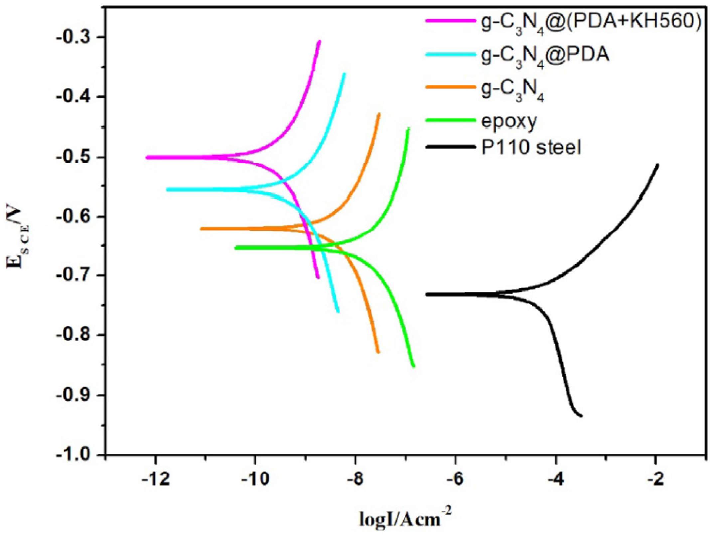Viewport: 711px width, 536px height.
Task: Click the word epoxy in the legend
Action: [509, 121]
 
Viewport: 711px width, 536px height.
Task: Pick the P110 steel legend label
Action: [531, 147]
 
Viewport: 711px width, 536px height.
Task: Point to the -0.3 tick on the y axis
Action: [75, 37]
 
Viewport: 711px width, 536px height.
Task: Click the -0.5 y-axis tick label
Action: [75, 157]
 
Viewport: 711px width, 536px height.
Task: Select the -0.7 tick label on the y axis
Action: [75, 275]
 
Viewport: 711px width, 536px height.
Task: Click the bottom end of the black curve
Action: [581, 416]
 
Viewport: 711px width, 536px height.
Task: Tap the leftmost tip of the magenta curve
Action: [147, 158]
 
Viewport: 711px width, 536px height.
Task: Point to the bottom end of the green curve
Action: [414, 366]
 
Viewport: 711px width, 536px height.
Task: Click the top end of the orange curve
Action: [379, 114]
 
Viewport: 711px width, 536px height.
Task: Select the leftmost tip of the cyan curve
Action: [167, 190]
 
